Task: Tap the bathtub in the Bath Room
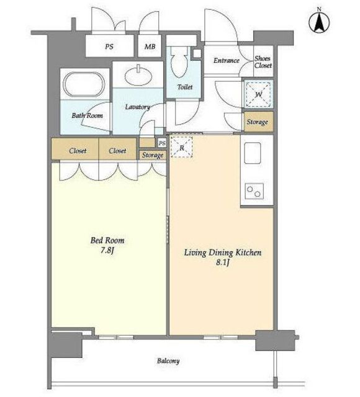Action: click(x=84, y=84)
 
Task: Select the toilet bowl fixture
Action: click(x=179, y=62)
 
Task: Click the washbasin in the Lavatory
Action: click(x=138, y=74)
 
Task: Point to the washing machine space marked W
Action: click(x=258, y=94)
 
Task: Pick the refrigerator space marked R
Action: click(x=181, y=147)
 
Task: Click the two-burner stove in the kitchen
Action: click(x=254, y=191)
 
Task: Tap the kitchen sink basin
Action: click(x=253, y=153)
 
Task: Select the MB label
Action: click(x=150, y=47)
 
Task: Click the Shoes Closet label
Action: click(x=263, y=62)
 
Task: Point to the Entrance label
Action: click(x=226, y=60)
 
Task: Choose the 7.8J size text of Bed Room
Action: click(x=107, y=251)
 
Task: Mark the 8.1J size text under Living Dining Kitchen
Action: click(x=223, y=262)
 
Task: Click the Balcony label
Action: click(x=168, y=361)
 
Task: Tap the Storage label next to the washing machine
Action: click(x=258, y=122)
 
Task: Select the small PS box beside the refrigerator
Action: click(x=161, y=143)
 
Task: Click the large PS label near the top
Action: click(x=109, y=47)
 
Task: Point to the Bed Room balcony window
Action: click(x=116, y=337)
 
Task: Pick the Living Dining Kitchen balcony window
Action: click(x=221, y=337)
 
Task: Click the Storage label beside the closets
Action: click(x=153, y=155)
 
